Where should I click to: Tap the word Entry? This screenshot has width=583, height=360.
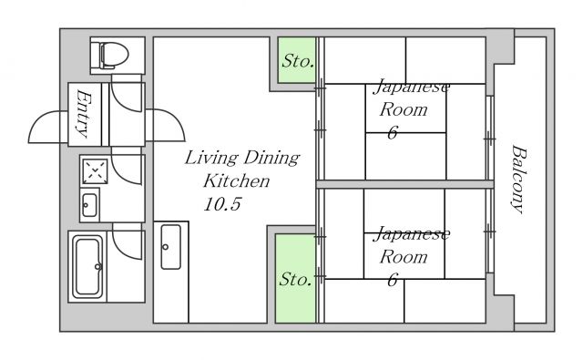pyautogui.click(x=84, y=114)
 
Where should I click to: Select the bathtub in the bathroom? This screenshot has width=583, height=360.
pyautogui.click(x=87, y=266)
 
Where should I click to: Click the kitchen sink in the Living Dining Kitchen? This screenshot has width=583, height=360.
pyautogui.click(x=170, y=247)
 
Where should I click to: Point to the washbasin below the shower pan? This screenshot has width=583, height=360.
pyautogui.click(x=89, y=205)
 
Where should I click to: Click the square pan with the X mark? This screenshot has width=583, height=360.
pyautogui.click(x=95, y=171)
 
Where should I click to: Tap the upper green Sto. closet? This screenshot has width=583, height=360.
pyautogui.click(x=297, y=60)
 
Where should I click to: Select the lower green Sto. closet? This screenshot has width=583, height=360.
pyautogui.click(x=295, y=278)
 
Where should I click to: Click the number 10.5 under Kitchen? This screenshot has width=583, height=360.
pyautogui.click(x=222, y=204)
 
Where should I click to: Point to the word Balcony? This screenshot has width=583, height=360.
pyautogui.click(x=518, y=180)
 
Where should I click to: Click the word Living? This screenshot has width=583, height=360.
pyautogui.click(x=211, y=158)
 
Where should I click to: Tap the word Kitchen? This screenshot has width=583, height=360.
pyautogui.click(x=237, y=180)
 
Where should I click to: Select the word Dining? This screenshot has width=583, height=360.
pyautogui.click(x=271, y=158)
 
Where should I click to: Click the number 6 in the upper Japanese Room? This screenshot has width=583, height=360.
pyautogui.click(x=393, y=133)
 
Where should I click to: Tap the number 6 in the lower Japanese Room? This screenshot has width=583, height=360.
pyautogui.click(x=393, y=280)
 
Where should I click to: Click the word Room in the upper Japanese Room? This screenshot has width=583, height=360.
pyautogui.click(x=404, y=109)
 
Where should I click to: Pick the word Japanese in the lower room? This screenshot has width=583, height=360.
pyautogui.click(x=412, y=234)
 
